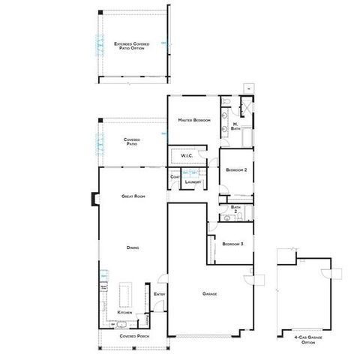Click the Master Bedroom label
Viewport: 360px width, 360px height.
point(193,120)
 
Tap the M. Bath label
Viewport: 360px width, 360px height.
point(235,125)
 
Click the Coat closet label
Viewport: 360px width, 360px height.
point(175,177)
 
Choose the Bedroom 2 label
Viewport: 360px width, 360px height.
point(236,170)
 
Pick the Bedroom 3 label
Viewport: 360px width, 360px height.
point(232,244)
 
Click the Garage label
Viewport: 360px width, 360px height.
point(210,293)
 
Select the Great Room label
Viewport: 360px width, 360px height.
point(133,196)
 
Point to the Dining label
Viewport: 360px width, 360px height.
point(133,247)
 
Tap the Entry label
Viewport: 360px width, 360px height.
point(160,294)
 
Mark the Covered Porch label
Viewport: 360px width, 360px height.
point(133,336)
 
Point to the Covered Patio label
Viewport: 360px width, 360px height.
point(133,141)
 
